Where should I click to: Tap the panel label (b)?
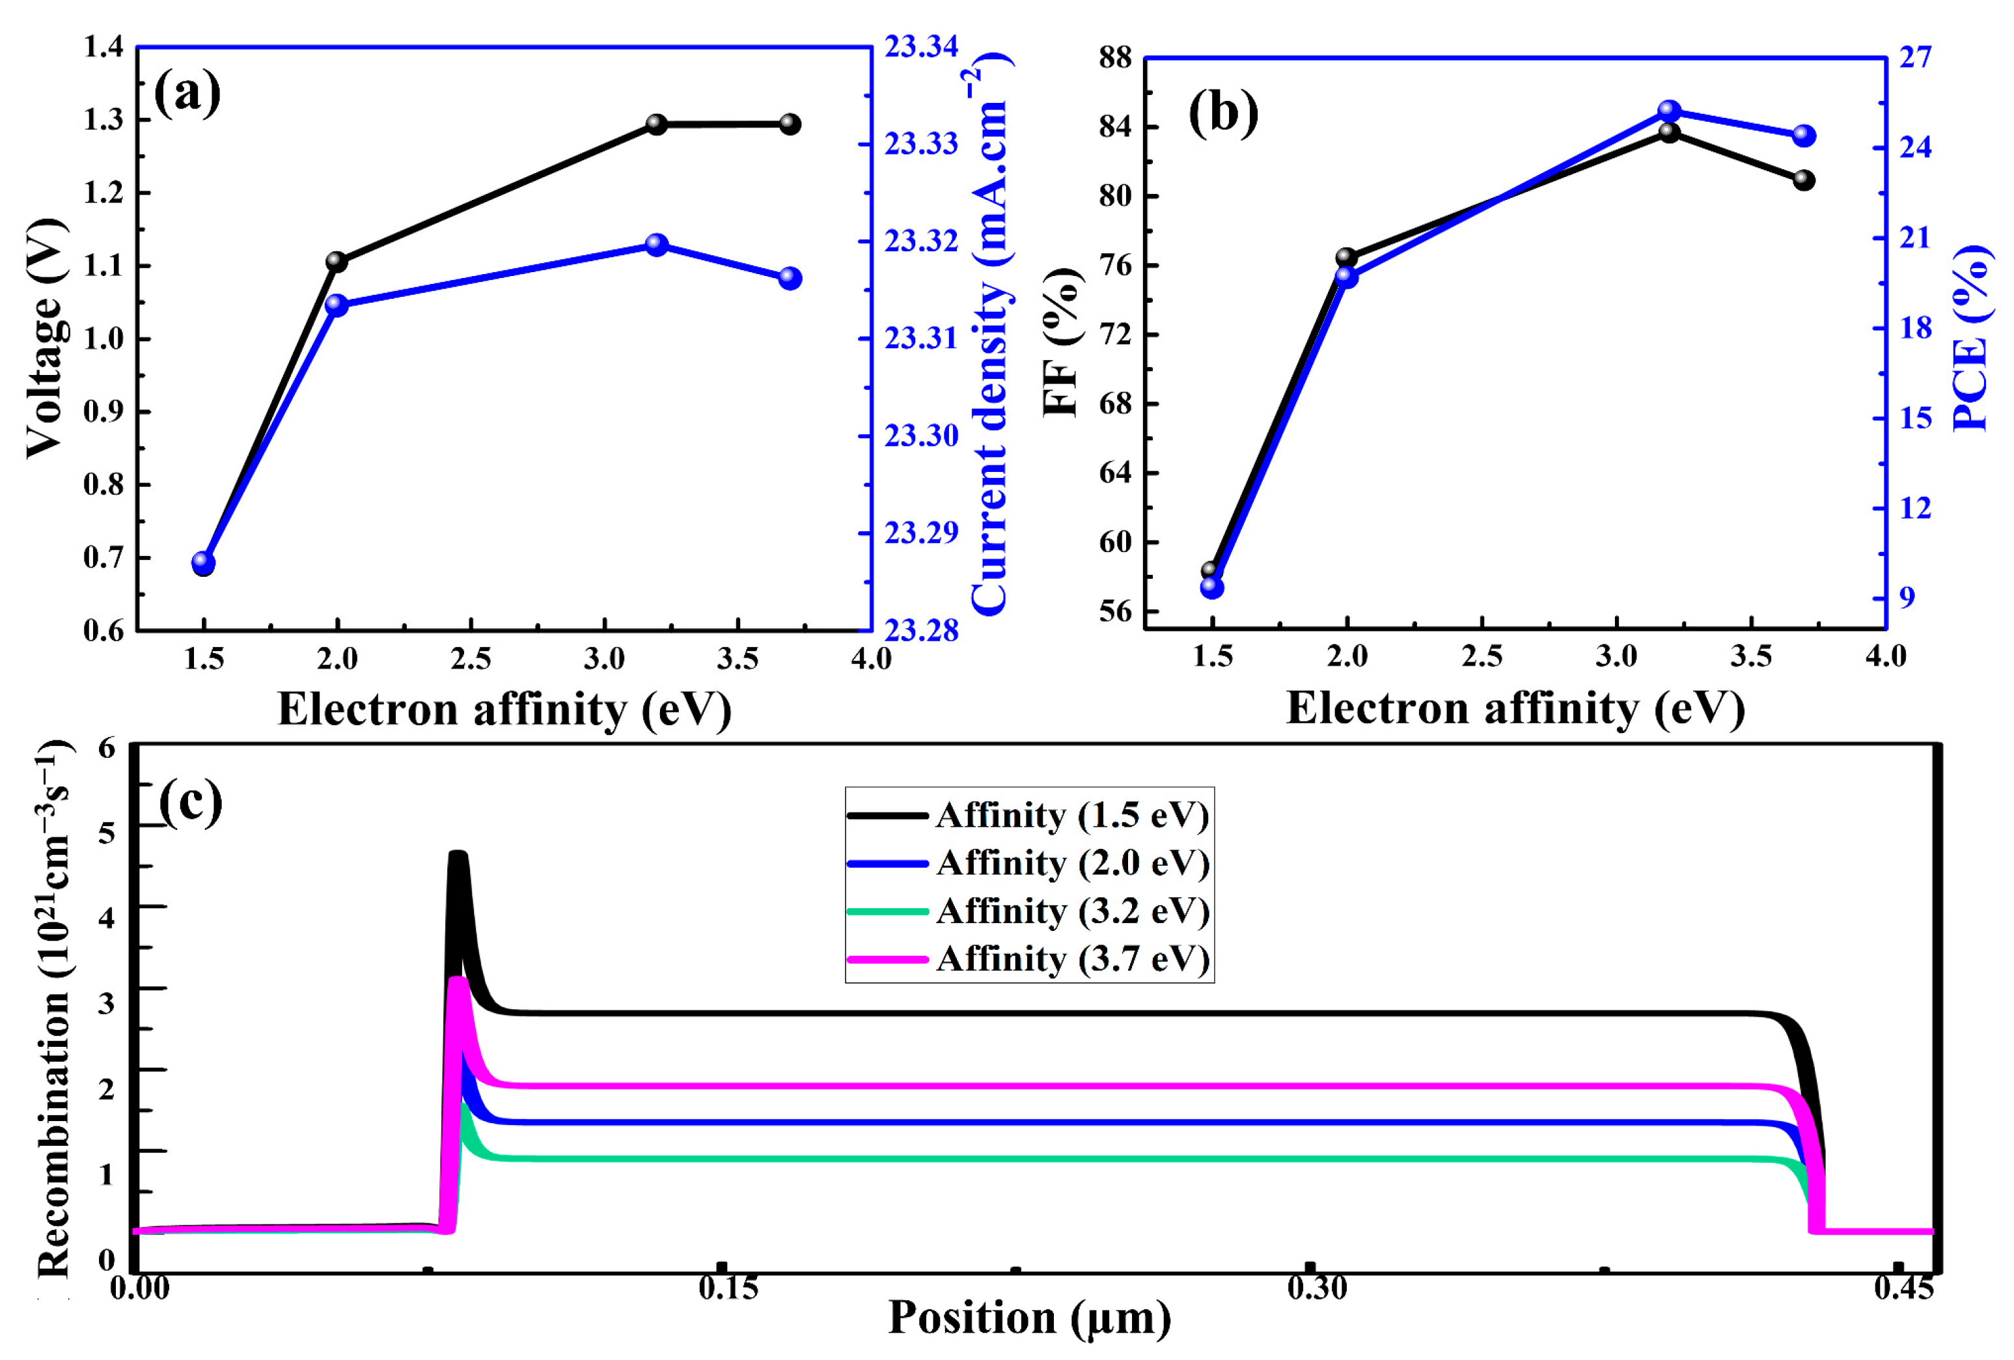pyautogui.click(x=1222, y=113)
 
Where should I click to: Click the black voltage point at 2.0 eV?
pyautogui.click(x=337, y=262)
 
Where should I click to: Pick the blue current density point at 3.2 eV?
pyautogui.click(x=657, y=244)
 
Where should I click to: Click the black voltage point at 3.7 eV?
pyautogui.click(x=790, y=124)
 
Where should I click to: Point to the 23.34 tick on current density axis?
pyautogui.click(x=920, y=47)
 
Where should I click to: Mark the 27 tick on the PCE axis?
pyautogui.click(x=1915, y=57)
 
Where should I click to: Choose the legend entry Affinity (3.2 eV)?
pyautogui.click(x=1072, y=911)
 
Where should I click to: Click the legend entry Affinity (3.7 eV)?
pyautogui.click(x=1072, y=959)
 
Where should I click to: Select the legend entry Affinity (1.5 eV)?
pyautogui.click(x=1072, y=816)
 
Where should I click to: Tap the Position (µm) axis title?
pyautogui.click(x=1030, y=1318)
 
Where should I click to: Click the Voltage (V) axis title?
pyautogui.click(x=45, y=338)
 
